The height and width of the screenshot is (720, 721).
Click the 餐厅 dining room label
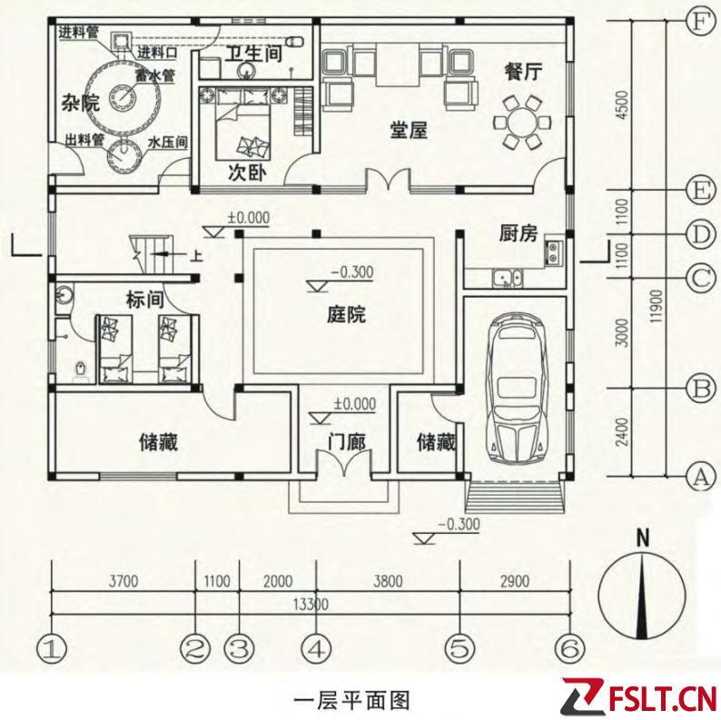pos(523,71)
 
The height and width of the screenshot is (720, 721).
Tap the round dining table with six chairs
pos(522,123)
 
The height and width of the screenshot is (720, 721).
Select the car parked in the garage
pos(519,389)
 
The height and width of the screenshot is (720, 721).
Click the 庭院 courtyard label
pos(346,315)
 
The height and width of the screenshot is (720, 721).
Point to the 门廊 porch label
pos(347,442)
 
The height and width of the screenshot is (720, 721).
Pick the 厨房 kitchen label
pos(519,233)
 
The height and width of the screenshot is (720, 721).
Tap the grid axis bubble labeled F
pos(699,21)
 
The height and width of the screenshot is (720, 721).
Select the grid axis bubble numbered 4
pos(316,649)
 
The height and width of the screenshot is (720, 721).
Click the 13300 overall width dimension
pos(311,604)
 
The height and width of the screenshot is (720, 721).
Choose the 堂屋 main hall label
pos(409,130)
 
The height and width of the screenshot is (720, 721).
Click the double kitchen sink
pos(507,278)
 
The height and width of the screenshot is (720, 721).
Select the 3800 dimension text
pos(388,581)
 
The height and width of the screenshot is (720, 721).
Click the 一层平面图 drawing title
pos(351,702)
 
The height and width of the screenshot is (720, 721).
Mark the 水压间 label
pos(168,143)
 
